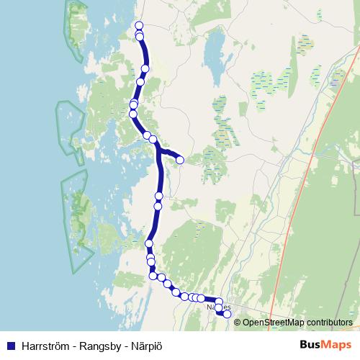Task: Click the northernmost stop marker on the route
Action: [x=139, y=27]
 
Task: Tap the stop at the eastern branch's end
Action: [x=180, y=160]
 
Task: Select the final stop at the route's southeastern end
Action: [x=227, y=314]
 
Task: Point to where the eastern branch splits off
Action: [x=158, y=148]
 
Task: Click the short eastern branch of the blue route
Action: [x=170, y=153]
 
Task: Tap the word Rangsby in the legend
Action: [x=104, y=344]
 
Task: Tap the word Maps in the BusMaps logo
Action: [x=336, y=344]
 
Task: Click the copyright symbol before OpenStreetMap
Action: [x=238, y=323]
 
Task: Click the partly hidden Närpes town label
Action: [x=213, y=308]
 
